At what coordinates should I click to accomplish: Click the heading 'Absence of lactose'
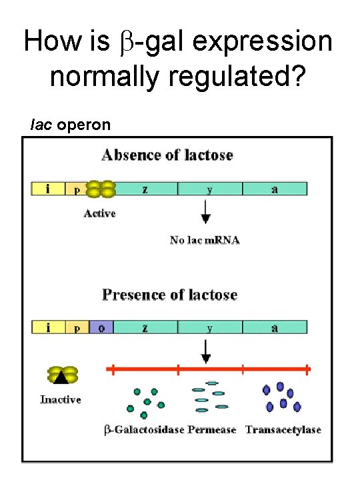coord(167,155)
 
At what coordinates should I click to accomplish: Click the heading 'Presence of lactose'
coord(169,294)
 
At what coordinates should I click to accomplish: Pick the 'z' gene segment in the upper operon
coord(146,189)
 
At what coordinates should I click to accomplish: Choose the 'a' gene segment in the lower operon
coord(275,327)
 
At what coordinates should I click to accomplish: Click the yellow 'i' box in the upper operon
coord(48,189)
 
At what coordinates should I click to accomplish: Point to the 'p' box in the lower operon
coord(76,327)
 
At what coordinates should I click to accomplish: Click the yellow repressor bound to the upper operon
coord(100,189)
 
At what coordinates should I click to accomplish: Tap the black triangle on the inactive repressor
coord(61,377)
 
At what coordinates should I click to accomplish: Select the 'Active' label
coord(99,213)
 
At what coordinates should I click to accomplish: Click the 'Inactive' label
coord(61,399)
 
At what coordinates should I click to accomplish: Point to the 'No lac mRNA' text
coord(205,240)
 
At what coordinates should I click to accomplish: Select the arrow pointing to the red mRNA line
coord(206,350)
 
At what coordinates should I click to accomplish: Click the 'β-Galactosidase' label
coord(144,430)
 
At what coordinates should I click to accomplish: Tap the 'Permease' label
coord(212,430)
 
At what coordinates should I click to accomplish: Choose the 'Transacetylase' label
coord(283,430)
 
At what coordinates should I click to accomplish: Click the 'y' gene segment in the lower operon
coord(210,327)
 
